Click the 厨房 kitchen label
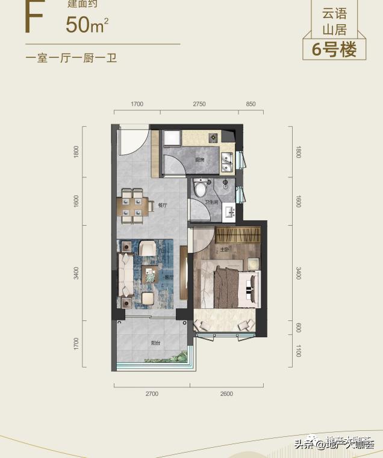[199, 160]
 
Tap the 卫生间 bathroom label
[211, 202]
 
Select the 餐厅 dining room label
[162, 205]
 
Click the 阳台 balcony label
[155, 343]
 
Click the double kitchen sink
[228, 161]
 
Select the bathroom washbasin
[229, 211]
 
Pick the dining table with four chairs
[132, 204]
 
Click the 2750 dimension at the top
[199, 104]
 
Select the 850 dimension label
[251, 104]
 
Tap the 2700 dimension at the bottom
[151, 393]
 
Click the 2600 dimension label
[226, 393]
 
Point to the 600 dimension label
[297, 327]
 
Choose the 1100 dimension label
[297, 351]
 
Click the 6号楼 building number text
[334, 49]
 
